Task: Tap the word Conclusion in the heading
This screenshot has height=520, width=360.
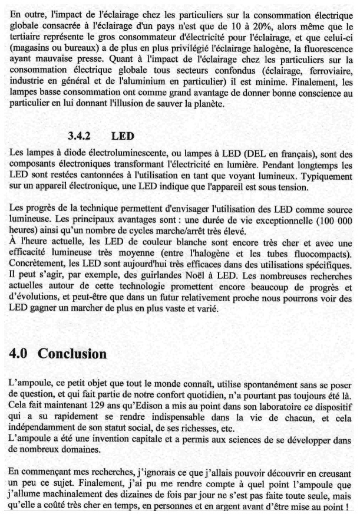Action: click(x=72, y=354)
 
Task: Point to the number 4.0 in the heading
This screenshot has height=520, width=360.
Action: click(x=21, y=354)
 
